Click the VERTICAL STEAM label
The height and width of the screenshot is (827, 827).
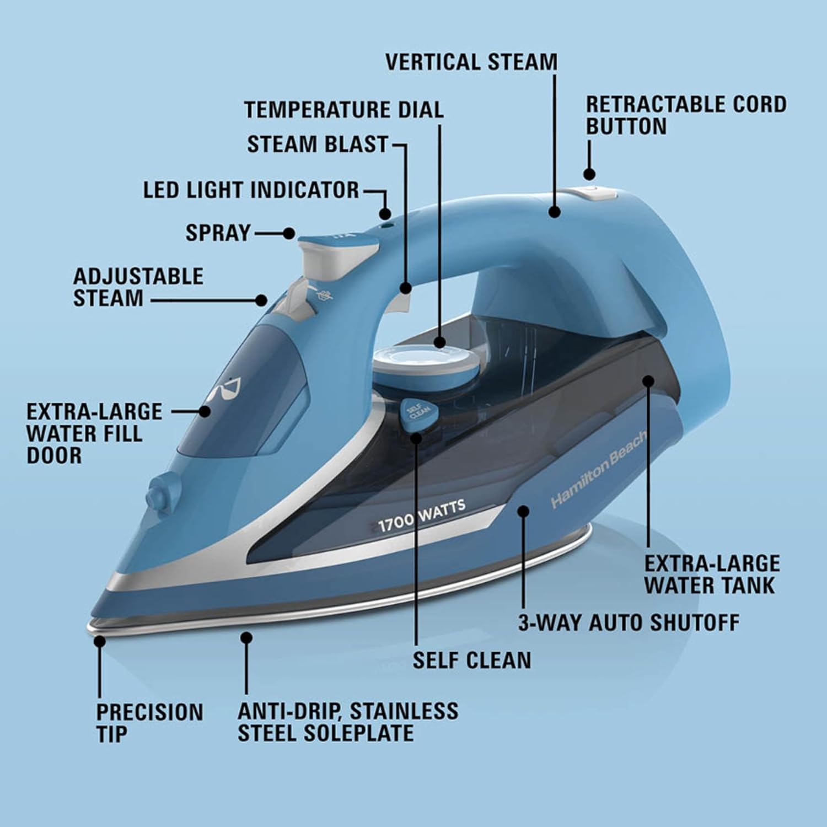click(x=471, y=62)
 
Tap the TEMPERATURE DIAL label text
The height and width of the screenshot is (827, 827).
click(x=344, y=110)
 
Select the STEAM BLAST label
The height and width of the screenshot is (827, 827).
click(x=318, y=144)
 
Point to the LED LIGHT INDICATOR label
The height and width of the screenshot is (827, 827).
click(x=251, y=190)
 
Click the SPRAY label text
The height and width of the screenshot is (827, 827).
click(x=218, y=233)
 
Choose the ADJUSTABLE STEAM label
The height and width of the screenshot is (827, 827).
click(x=138, y=287)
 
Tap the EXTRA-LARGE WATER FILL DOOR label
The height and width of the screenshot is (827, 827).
click(x=94, y=433)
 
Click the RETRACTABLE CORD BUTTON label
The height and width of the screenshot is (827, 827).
click(x=686, y=115)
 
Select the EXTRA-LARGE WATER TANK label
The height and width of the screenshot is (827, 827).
click(x=712, y=574)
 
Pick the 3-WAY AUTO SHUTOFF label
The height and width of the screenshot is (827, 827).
click(x=629, y=622)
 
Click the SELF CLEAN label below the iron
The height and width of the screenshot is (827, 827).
click(x=472, y=660)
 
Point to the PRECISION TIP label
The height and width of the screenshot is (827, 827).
click(x=149, y=723)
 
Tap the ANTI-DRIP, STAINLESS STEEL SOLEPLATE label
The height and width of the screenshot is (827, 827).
click(x=348, y=722)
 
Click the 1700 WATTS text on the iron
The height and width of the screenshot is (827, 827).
click(x=422, y=514)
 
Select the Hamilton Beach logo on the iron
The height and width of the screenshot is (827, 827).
click(x=598, y=477)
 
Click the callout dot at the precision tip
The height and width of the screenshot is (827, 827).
click(x=100, y=642)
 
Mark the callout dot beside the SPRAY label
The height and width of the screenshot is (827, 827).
click(x=288, y=233)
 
